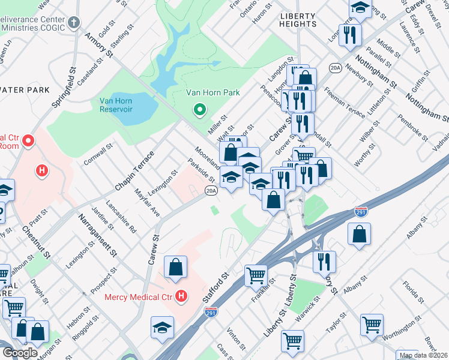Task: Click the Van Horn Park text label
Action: pos(212,92)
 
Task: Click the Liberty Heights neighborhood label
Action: pos(297,24)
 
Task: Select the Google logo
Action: pos(20,353)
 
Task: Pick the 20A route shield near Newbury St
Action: pos(335,68)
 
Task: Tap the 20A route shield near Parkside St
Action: pos(210,191)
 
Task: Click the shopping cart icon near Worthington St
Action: pos(372,325)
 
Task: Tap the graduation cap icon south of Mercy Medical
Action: pos(161,328)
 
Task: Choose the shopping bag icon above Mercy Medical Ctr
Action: pos(175,267)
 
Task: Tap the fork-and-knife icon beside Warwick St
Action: pos(324,261)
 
